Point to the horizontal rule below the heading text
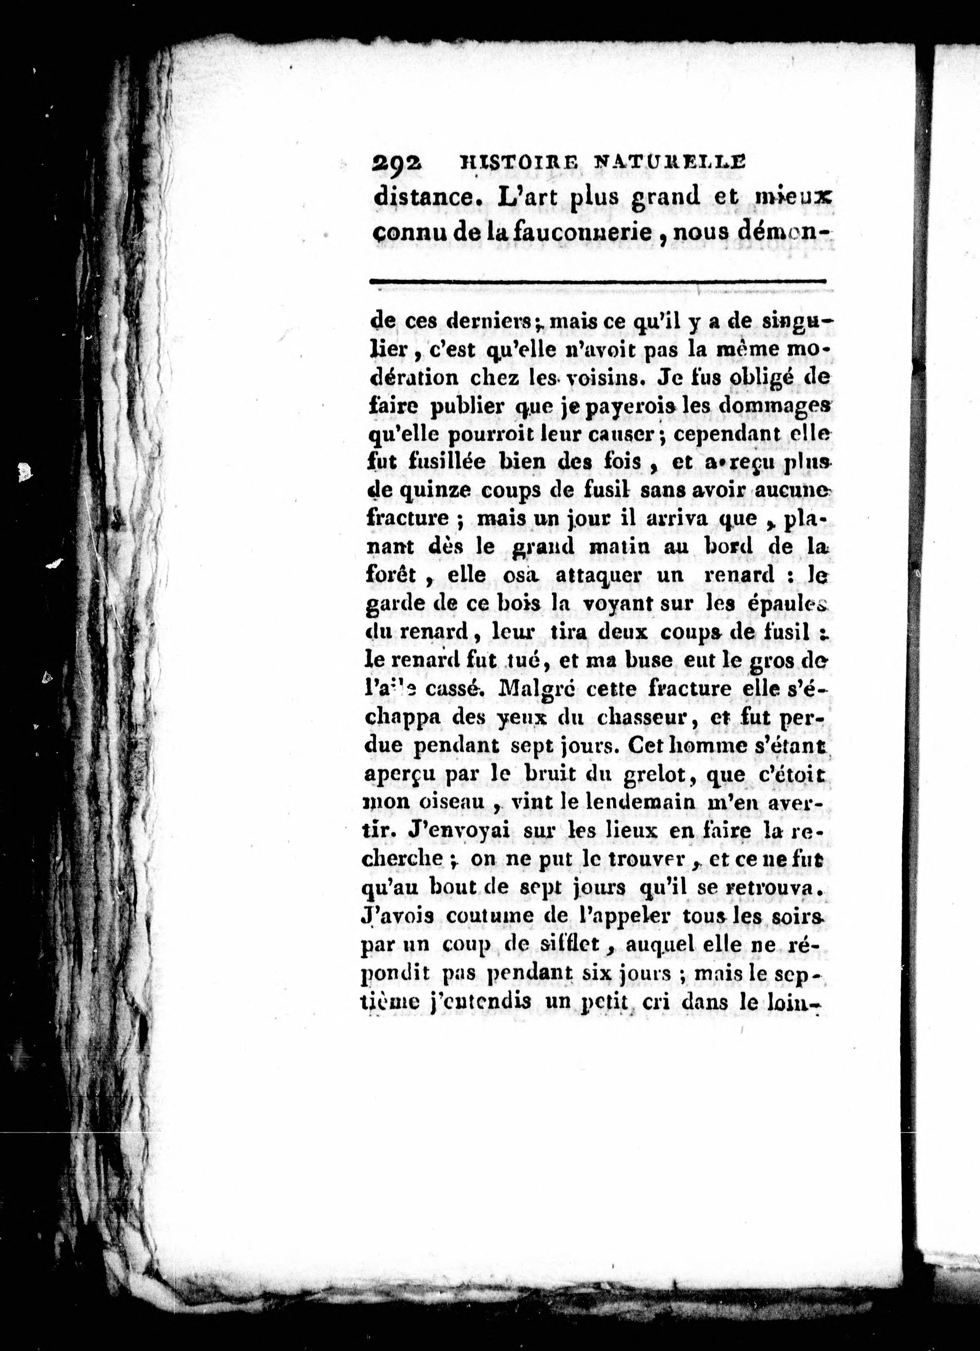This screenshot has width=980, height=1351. pos(598,282)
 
